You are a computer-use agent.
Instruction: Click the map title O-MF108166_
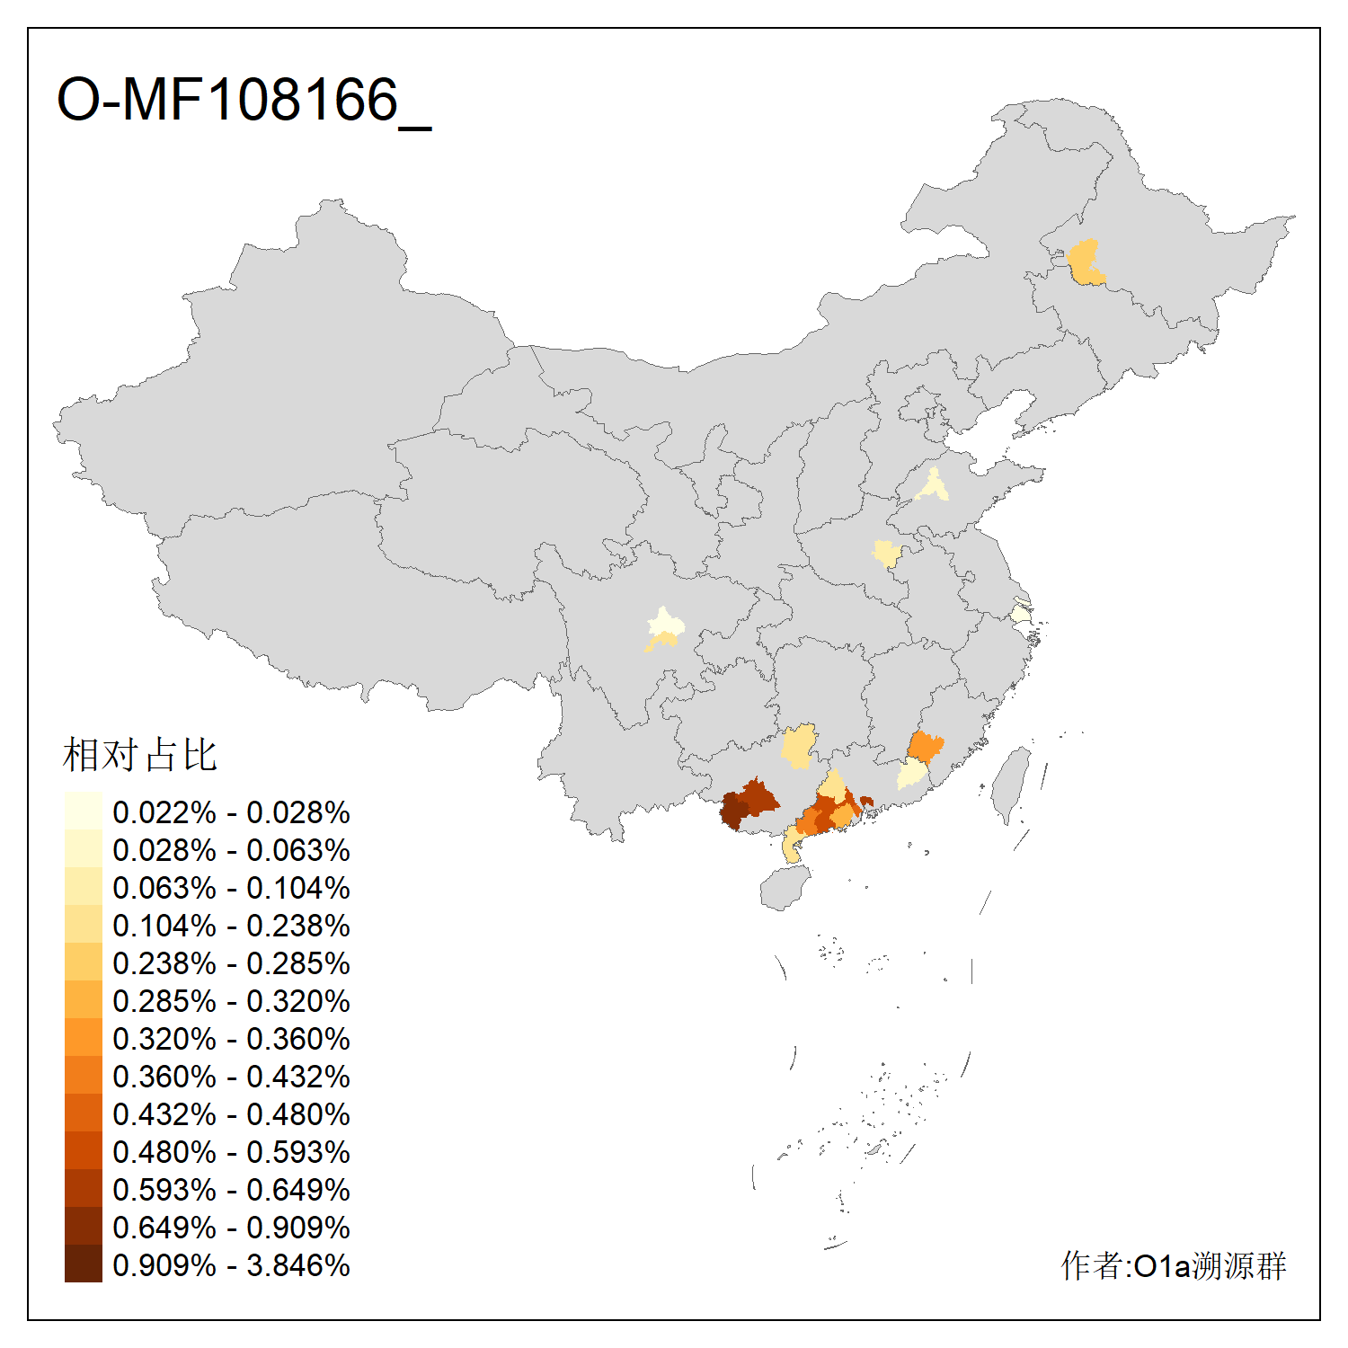[x=243, y=101]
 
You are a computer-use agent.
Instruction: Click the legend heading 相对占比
[x=140, y=755]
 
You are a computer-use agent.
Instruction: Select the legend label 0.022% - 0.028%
[x=231, y=812]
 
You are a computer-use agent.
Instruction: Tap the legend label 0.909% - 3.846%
[x=231, y=1265]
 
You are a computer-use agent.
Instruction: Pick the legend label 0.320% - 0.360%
[x=231, y=1039]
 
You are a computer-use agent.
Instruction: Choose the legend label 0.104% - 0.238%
[x=231, y=926]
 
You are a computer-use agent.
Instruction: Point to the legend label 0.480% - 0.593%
[x=231, y=1152]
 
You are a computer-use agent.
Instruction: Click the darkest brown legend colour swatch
[x=83, y=1264]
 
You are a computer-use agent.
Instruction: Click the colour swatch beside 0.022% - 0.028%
[x=83, y=811]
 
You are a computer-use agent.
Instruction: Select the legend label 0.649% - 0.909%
[x=231, y=1228]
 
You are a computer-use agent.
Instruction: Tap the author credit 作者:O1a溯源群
[x=1174, y=1265]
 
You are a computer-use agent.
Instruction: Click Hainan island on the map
[x=784, y=888]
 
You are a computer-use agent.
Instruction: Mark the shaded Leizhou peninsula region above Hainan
[x=792, y=847]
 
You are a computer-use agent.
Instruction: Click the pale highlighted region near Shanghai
[x=1019, y=614]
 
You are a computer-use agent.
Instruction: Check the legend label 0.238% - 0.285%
[x=231, y=963]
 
